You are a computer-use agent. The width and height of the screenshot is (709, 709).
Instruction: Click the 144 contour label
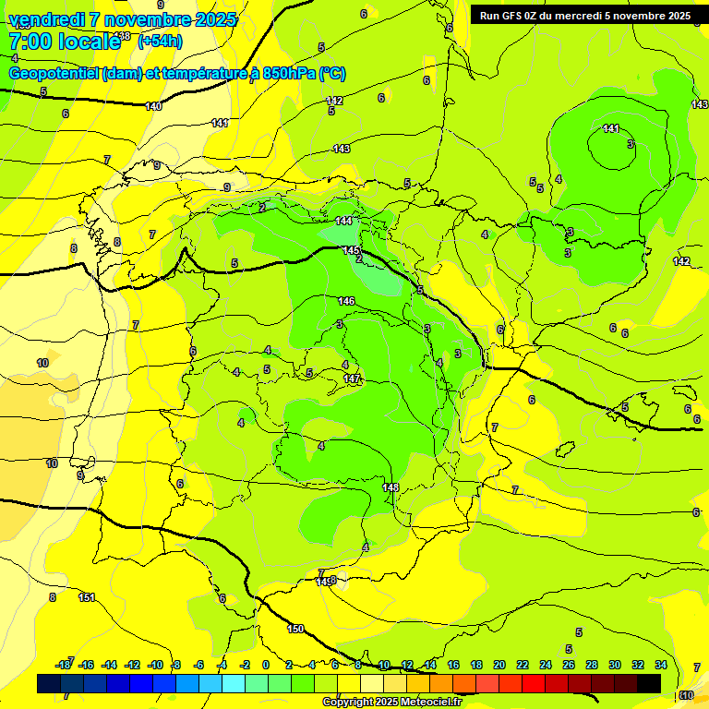point(343,221)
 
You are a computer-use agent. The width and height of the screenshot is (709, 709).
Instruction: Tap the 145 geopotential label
point(351,250)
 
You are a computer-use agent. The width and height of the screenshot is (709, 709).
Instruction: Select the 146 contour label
point(346,301)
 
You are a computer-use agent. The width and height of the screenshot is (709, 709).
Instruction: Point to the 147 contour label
point(352,379)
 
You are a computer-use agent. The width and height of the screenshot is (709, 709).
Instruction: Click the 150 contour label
point(295,629)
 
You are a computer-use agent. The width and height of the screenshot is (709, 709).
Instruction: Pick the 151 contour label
point(87,597)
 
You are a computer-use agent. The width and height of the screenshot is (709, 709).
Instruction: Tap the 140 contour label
point(153,106)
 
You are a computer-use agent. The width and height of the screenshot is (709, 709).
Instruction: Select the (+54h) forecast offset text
point(160,41)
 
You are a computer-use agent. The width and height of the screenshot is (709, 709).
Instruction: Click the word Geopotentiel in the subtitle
point(54,73)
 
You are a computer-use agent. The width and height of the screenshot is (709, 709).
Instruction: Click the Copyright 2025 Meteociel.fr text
point(391,703)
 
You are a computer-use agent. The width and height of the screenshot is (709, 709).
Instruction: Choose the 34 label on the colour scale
point(661,665)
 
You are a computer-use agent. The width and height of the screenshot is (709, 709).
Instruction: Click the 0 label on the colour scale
point(266,665)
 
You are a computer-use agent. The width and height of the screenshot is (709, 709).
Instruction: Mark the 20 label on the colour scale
point(499,665)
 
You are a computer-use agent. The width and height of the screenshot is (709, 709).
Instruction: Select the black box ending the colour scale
point(649,683)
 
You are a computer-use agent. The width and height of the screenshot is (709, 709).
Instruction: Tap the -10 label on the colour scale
point(155,665)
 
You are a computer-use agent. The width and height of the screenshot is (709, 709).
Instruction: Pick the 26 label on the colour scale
point(569,665)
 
